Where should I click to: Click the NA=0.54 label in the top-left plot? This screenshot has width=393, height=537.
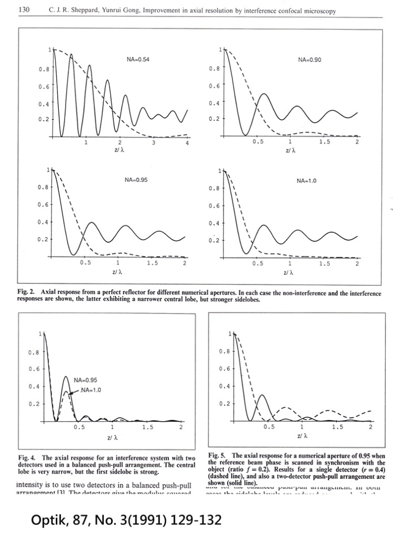pos(138,60)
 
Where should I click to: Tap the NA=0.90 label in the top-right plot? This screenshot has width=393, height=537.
pos(309,60)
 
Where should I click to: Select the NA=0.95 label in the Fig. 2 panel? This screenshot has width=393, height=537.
pos(136,180)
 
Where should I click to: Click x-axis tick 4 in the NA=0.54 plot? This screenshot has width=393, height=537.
pos(187,143)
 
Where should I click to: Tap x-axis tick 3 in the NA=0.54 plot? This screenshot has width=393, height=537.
pos(154,143)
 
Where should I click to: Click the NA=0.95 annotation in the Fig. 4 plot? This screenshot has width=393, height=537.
pos(86,380)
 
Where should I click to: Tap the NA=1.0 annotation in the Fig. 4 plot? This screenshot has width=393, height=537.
pos(90,390)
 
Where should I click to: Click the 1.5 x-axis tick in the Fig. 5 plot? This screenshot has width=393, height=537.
pos(336,428)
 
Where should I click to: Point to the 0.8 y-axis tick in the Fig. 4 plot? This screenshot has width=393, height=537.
pos(34,352)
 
